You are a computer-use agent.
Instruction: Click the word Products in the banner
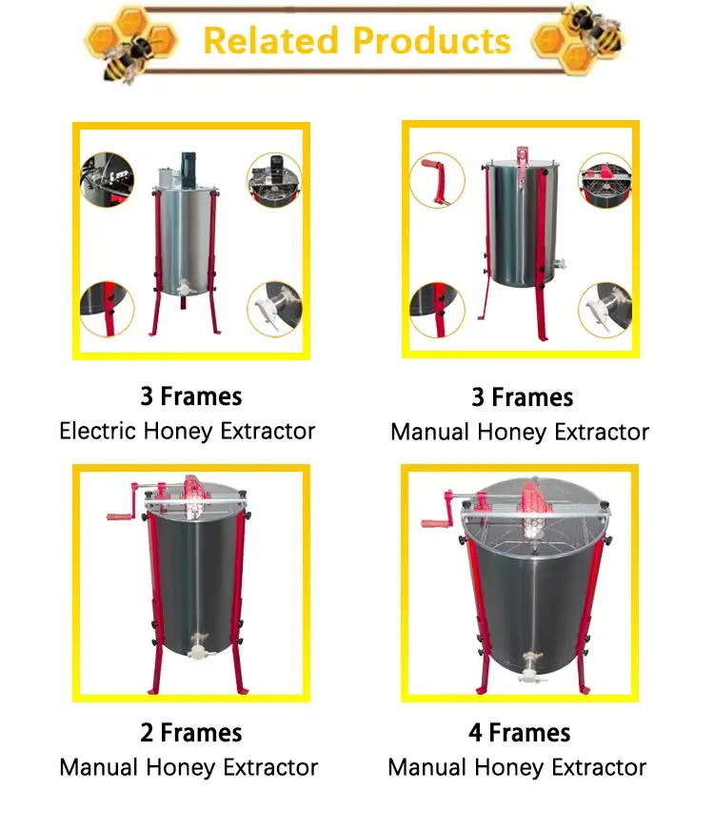coord(431,41)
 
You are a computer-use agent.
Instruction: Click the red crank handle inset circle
coord(437,181)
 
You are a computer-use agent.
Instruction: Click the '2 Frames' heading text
coord(190,733)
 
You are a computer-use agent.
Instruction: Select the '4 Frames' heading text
coord(519,733)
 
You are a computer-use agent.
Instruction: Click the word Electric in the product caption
coord(98,431)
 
